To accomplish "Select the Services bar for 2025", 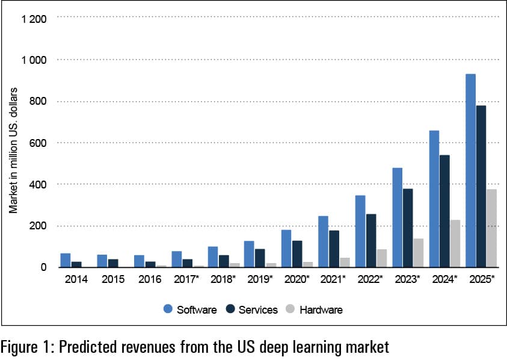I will [481, 186].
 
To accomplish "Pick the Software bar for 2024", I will [434, 199].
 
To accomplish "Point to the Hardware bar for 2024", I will [455, 243].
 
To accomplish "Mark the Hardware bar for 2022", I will [382, 258].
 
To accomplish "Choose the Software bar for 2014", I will [66, 260].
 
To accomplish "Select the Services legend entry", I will [252, 309].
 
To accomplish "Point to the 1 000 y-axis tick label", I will [34, 60].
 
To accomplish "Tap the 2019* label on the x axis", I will [260, 280].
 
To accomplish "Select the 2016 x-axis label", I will [149, 280].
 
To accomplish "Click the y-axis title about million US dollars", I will [13, 149].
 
